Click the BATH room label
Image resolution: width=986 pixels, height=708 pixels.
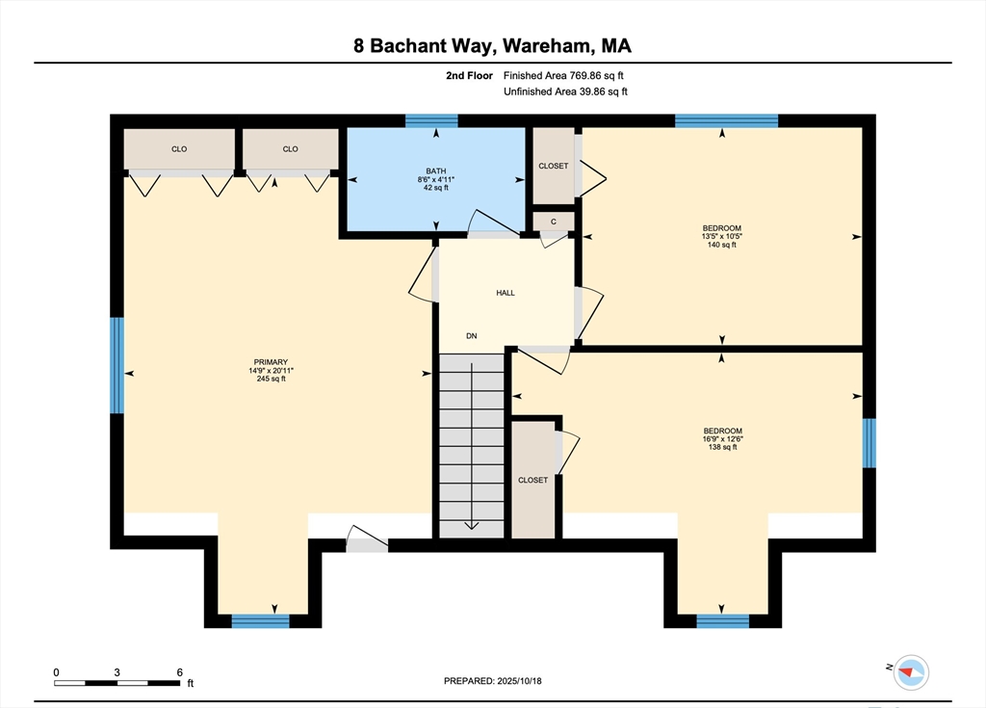[x=436, y=170]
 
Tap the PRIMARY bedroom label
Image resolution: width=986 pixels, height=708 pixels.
[x=271, y=362]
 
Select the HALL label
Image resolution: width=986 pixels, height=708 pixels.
[x=506, y=293]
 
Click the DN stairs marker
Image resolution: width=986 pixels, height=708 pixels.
[x=472, y=336]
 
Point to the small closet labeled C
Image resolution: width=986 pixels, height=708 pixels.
[x=554, y=222]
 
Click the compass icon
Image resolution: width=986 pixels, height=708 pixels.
[x=911, y=672]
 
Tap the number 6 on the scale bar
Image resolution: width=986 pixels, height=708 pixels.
[x=180, y=672]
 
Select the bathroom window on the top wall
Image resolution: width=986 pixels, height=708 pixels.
[x=431, y=120]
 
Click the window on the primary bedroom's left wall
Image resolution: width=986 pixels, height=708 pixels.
[x=117, y=365]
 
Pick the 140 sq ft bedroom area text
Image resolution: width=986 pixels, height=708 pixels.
[x=722, y=245]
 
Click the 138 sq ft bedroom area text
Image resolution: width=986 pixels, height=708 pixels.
[x=722, y=447]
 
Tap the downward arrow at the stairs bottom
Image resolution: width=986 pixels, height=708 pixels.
[x=472, y=526]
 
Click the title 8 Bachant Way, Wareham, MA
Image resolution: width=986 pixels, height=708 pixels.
[x=492, y=45]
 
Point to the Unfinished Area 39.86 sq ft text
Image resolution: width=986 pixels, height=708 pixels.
[x=565, y=92]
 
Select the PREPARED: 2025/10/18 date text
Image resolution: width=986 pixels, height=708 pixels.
[x=492, y=681]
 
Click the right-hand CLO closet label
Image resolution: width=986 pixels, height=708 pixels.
[x=290, y=149]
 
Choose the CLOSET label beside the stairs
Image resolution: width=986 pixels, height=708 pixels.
[x=532, y=480]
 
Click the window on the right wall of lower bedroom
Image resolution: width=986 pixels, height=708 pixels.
[x=869, y=443]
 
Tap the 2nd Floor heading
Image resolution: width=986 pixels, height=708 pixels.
[x=469, y=75]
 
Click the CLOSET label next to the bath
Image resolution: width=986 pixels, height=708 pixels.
[x=554, y=166]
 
